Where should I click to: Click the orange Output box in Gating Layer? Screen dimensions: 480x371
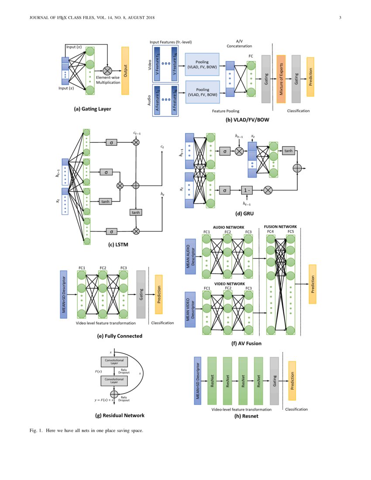pyautogui.click(x=125, y=71)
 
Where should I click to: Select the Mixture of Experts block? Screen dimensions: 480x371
pyautogui.click(x=281, y=79)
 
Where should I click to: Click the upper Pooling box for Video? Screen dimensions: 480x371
pyautogui.click(x=202, y=65)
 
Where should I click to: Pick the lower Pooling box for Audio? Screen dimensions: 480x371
pyautogui.click(x=202, y=92)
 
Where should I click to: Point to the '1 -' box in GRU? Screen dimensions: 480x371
pyautogui.click(x=247, y=190)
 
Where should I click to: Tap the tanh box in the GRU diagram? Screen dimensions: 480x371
pyautogui.click(x=288, y=151)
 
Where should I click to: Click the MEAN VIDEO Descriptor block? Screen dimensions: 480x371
pyautogui.click(x=190, y=309)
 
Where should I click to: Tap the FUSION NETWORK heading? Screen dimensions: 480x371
pyautogui.click(x=280, y=227)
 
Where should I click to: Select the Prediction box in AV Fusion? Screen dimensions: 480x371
pyautogui.click(x=312, y=284)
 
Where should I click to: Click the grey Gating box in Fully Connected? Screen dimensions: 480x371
pyautogui.click(x=141, y=294)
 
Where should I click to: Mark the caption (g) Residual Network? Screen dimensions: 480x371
pyautogui.click(x=120, y=415)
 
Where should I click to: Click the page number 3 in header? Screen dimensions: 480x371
pyautogui.click(x=340, y=17)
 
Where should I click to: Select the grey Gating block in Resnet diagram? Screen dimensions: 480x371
pyautogui.click(x=274, y=381)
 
